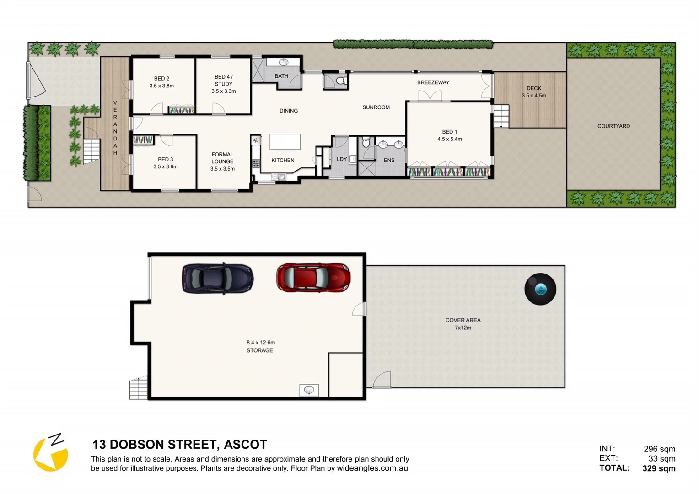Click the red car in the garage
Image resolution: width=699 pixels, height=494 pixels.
(313, 277)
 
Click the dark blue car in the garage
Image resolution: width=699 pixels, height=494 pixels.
(218, 278)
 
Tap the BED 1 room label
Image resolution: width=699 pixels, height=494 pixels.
(449, 135)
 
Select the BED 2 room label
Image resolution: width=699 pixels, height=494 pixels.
(161, 82)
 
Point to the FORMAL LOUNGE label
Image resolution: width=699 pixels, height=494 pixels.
(222, 161)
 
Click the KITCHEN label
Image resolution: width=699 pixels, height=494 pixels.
(283, 160)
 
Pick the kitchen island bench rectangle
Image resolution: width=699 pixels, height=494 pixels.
(285, 142)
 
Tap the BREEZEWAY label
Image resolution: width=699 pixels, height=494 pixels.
(433, 82)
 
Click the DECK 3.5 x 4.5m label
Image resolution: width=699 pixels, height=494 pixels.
(534, 92)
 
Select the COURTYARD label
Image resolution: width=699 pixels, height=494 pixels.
(613, 126)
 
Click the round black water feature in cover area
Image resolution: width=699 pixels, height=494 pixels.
(540, 289)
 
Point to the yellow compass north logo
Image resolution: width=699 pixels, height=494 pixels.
(51, 453)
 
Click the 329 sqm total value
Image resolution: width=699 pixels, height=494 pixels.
(659, 468)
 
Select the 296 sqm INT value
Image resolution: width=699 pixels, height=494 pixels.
(659, 449)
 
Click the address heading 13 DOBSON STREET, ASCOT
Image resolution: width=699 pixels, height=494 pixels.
(180, 445)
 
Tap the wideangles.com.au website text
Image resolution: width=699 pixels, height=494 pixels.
(372, 468)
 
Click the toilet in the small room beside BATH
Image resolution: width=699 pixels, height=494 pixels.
(340, 81)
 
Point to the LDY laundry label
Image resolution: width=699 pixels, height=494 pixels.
(342, 159)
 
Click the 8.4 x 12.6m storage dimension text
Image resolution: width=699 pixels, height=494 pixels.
(261, 342)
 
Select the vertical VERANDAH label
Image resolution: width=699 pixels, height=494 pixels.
(115, 128)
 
